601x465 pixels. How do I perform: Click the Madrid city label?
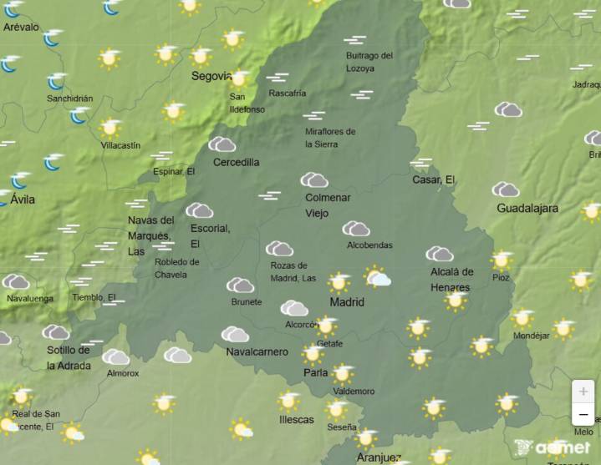(x=347, y=301)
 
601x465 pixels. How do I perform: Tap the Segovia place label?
(x=211, y=76)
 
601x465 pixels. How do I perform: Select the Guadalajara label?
(x=527, y=208)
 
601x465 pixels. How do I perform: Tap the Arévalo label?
(x=21, y=27)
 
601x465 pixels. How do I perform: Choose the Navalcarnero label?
(x=257, y=351)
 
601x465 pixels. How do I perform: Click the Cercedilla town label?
(x=236, y=162)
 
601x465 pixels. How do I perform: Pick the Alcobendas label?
(x=369, y=245)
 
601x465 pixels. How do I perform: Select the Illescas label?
(x=297, y=419)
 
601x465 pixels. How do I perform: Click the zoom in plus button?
(x=583, y=392)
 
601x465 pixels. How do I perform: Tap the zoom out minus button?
(x=583, y=414)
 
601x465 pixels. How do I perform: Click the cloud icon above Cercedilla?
(x=222, y=144)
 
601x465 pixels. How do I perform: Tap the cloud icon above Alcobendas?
(x=355, y=228)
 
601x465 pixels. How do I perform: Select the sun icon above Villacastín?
(x=110, y=128)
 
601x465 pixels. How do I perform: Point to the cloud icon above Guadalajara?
(x=505, y=190)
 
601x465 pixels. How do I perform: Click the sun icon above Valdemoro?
(x=342, y=373)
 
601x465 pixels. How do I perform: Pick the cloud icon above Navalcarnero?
(x=235, y=334)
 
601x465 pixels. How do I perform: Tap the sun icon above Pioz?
(x=502, y=260)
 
